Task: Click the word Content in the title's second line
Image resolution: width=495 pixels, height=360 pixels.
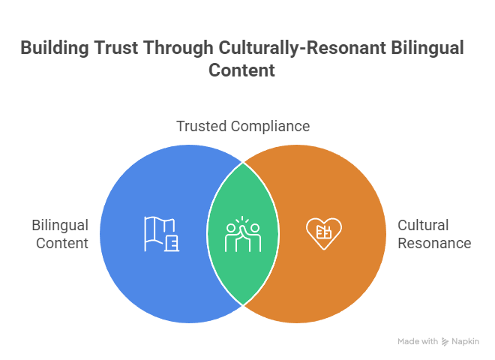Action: pyautogui.click(x=241, y=71)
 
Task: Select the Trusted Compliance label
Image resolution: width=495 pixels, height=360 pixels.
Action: pyautogui.click(x=243, y=126)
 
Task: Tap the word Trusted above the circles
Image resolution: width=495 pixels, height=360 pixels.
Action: pyautogui.click(x=201, y=126)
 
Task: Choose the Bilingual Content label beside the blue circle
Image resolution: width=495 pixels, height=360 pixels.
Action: pyautogui.click(x=60, y=234)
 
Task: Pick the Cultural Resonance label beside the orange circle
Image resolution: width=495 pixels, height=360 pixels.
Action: pyautogui.click(x=433, y=234)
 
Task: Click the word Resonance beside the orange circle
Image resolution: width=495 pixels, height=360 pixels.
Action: pyautogui.click(x=433, y=243)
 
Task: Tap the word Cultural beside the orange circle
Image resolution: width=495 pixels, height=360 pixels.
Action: pyautogui.click(x=423, y=225)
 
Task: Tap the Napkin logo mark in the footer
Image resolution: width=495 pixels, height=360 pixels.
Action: pyautogui.click(x=445, y=341)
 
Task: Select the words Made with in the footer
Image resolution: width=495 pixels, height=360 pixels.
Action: pyautogui.click(x=418, y=341)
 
